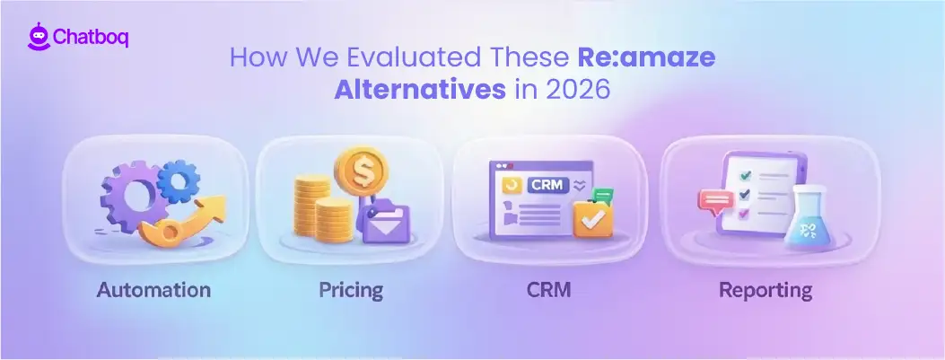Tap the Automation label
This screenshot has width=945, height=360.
point(153,290)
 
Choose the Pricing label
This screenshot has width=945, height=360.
point(351,290)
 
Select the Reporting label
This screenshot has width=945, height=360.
point(766,290)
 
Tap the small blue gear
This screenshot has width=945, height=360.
point(178,184)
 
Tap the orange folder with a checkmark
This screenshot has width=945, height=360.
point(593,216)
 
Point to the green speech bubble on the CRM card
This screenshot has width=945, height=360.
point(603,195)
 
